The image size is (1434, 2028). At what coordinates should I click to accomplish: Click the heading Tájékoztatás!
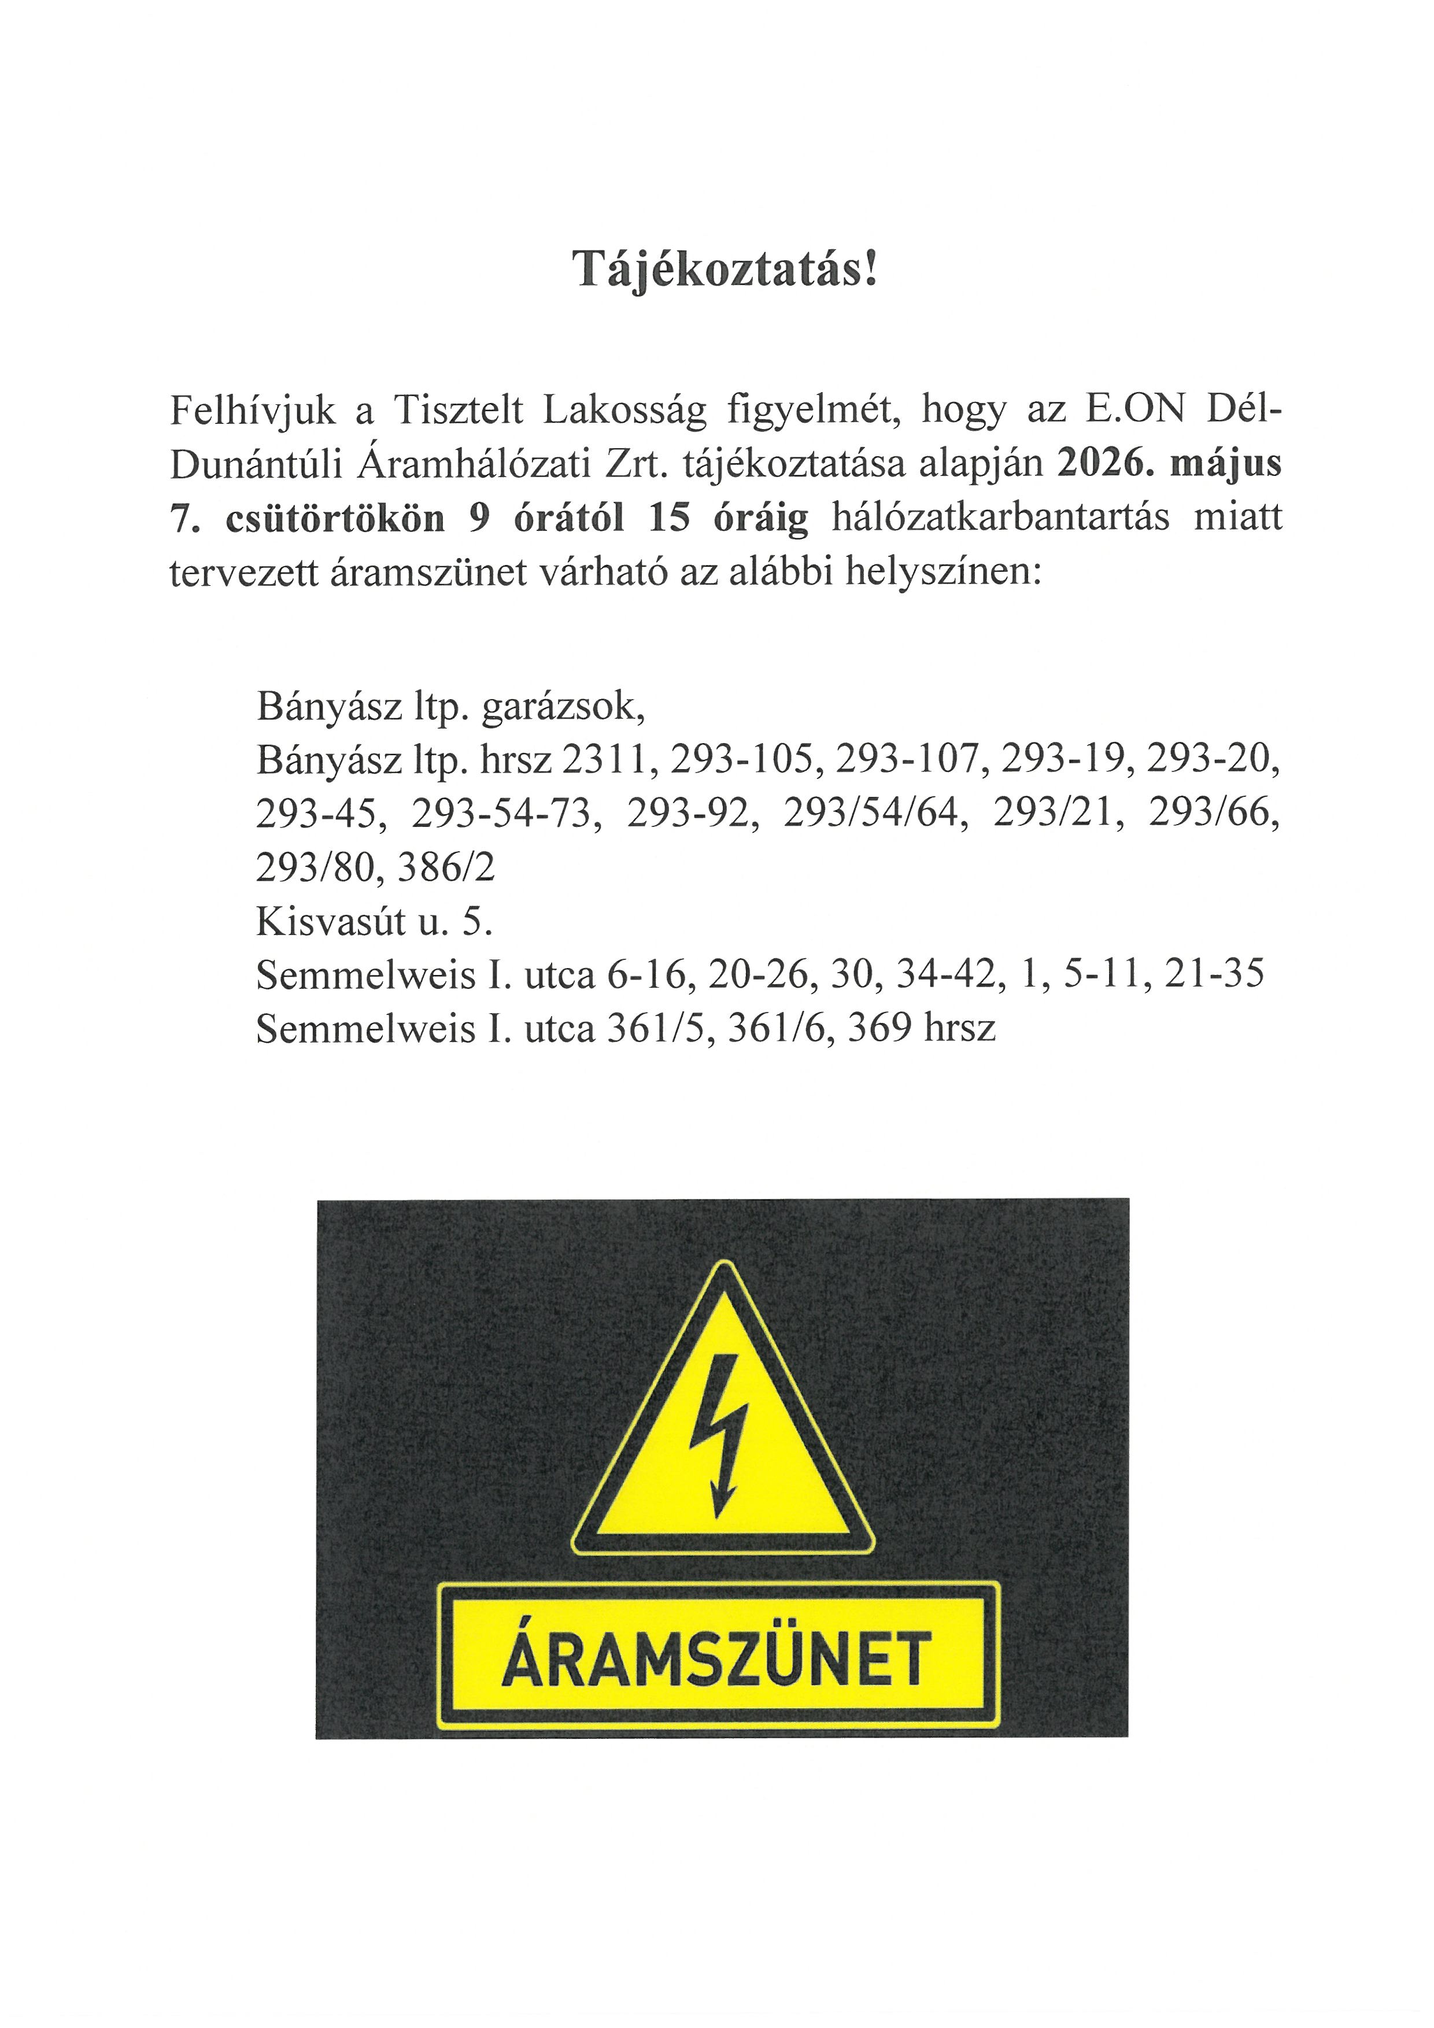point(726,268)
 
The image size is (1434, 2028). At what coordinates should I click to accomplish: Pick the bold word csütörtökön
point(335,519)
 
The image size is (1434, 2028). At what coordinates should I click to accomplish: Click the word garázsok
point(563,707)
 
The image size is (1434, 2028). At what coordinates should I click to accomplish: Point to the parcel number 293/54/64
point(870,814)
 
